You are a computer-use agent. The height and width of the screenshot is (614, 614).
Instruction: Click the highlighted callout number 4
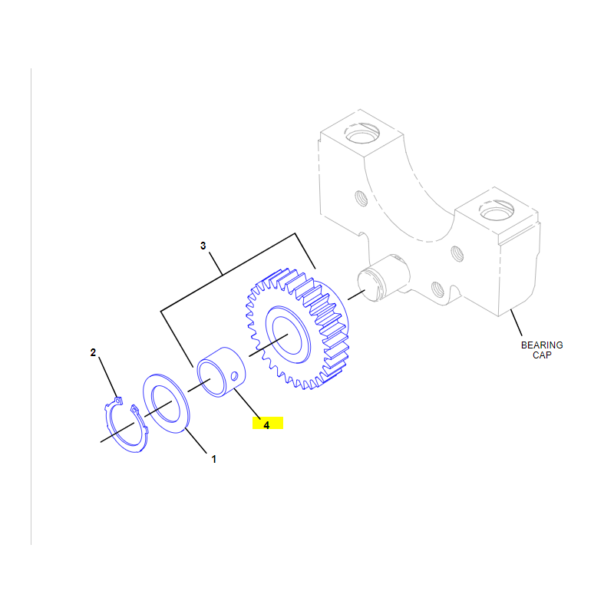(x=266, y=425)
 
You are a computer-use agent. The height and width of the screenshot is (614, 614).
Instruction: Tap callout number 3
(x=203, y=246)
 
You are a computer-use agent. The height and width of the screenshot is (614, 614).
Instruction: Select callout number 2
(x=93, y=352)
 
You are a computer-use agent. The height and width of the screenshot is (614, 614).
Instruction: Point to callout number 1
(x=214, y=459)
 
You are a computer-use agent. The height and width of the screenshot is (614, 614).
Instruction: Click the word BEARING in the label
(x=542, y=345)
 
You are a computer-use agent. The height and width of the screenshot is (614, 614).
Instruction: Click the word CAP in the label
(x=542, y=355)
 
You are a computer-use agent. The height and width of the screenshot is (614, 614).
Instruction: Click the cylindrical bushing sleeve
(x=221, y=371)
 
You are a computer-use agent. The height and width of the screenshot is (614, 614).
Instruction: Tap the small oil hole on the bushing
(x=235, y=376)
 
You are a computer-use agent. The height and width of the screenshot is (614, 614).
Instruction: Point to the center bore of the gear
(x=287, y=335)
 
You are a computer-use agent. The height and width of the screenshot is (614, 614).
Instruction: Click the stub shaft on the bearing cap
(x=382, y=278)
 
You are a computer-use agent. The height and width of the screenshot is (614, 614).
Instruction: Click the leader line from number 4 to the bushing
(x=247, y=403)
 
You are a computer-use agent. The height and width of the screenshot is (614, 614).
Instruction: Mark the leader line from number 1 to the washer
(x=196, y=441)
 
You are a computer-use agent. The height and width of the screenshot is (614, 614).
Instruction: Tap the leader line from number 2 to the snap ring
(x=108, y=377)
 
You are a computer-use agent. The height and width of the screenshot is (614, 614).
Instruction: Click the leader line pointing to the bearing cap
(x=516, y=322)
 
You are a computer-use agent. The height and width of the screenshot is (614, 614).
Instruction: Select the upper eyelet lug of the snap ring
(x=118, y=401)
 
